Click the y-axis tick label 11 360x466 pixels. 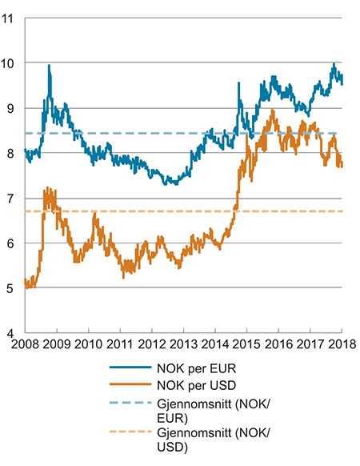point(12,17)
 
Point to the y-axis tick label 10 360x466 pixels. point(12,62)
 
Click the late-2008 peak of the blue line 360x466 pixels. point(49,66)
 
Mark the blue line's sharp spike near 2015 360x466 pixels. point(239,83)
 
